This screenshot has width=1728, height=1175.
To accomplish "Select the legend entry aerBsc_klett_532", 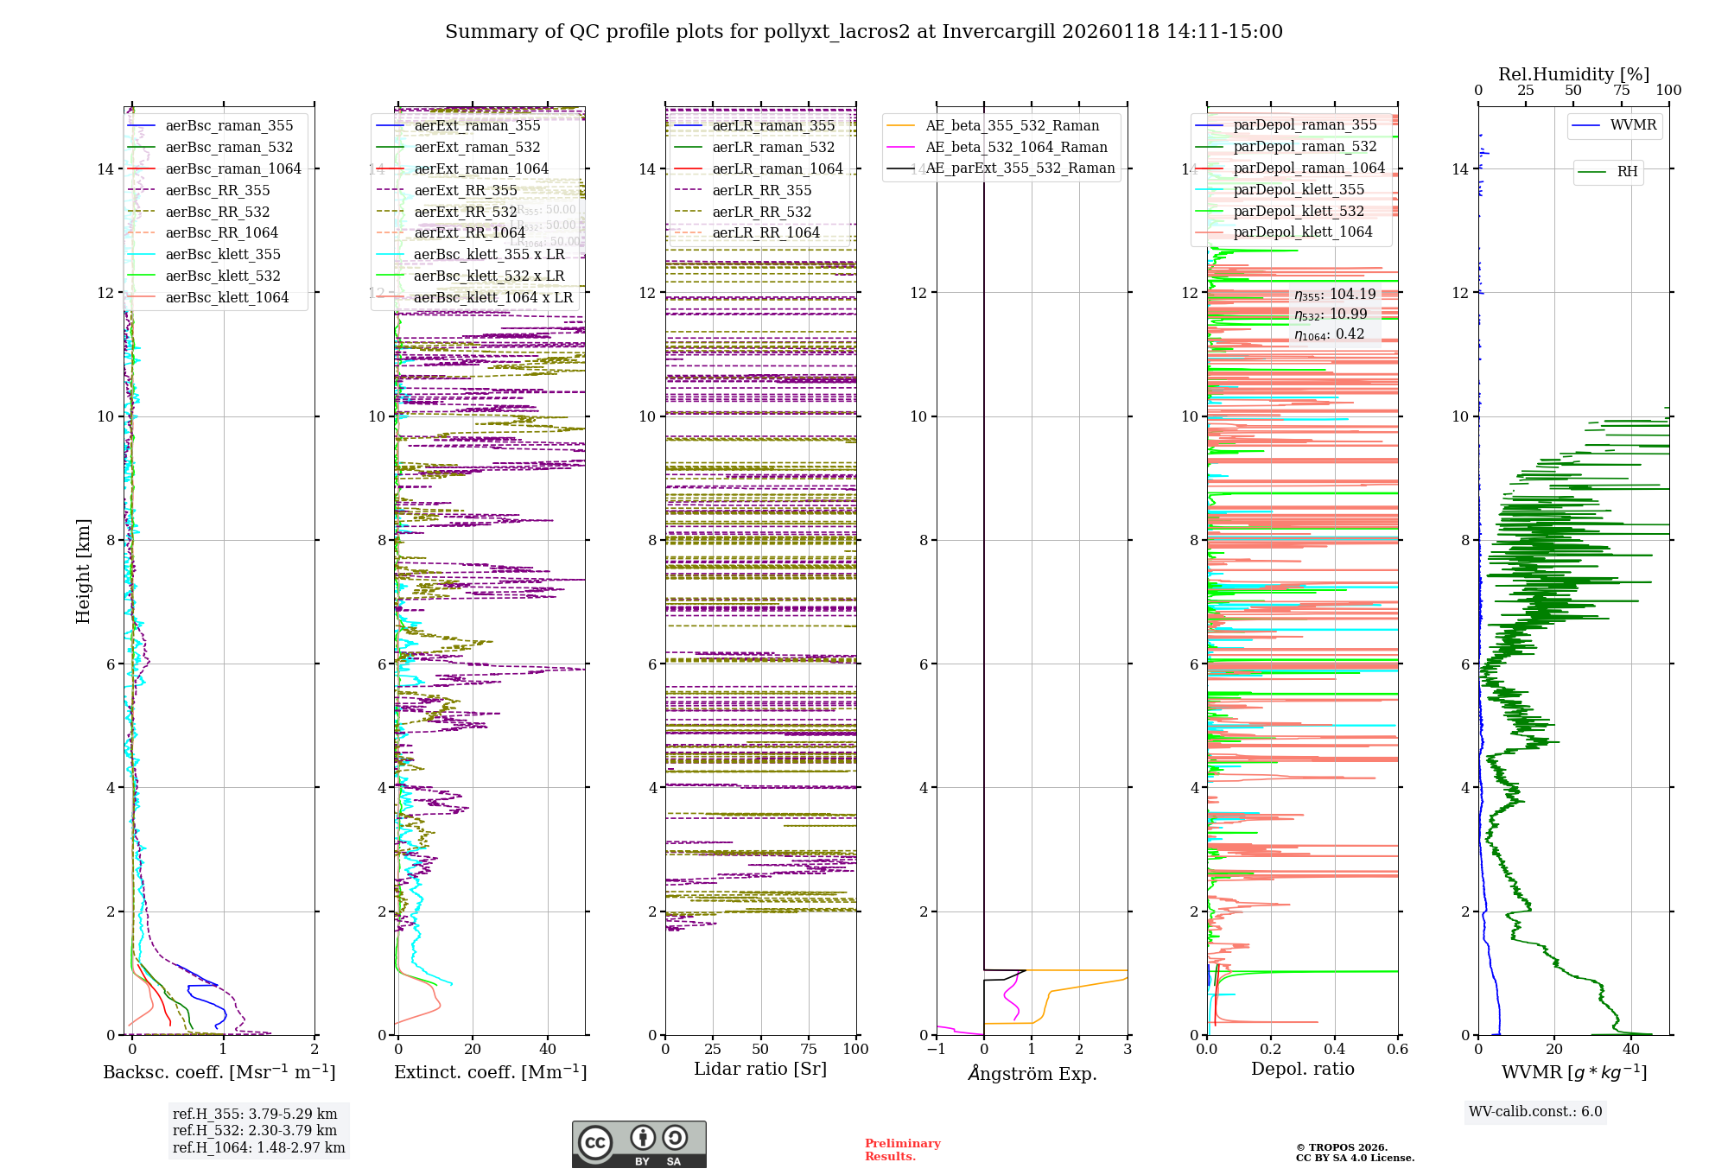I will pyautogui.click(x=223, y=276).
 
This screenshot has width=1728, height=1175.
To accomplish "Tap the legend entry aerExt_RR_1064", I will pyautogui.click(x=469, y=232).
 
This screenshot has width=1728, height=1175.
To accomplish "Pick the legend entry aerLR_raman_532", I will pyautogui.click(x=773, y=147).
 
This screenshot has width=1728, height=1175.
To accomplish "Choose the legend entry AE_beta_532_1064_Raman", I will pyautogui.click(x=1016, y=147).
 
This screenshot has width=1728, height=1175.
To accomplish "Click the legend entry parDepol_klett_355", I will pyautogui.click(x=1299, y=189).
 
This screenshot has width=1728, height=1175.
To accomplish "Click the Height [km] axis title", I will pyautogui.click(x=83, y=571).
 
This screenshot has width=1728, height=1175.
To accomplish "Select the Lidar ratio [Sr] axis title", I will pyautogui.click(x=760, y=1069).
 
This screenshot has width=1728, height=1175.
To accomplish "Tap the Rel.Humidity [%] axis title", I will pyautogui.click(x=1573, y=74).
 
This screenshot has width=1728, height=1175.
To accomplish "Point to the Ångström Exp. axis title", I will pyautogui.click(x=1032, y=1073).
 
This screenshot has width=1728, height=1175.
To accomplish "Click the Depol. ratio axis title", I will pyautogui.click(x=1302, y=1069).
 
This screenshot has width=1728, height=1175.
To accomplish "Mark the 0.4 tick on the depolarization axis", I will pyautogui.click(x=1334, y=1049).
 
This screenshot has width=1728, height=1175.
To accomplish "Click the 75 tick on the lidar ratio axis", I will pyautogui.click(x=809, y=1049).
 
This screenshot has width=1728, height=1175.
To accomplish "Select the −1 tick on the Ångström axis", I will pyautogui.click(x=936, y=1049).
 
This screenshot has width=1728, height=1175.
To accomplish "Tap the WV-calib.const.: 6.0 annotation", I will pyautogui.click(x=1535, y=1112).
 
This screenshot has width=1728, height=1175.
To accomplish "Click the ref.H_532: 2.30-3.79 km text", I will pyautogui.click(x=255, y=1130).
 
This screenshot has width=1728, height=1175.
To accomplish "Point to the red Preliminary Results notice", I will pyautogui.click(x=902, y=1150).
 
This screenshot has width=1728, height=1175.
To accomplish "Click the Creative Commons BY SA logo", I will pyautogui.click(x=638, y=1144).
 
